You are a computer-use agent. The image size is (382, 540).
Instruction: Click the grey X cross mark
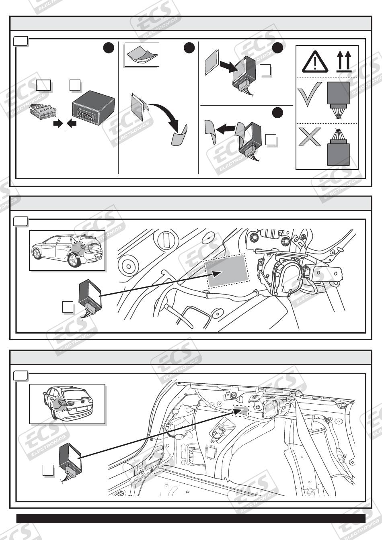[310, 137]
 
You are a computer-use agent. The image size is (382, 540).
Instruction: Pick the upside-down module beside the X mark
[338, 148]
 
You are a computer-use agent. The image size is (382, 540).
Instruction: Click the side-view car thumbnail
[68, 250]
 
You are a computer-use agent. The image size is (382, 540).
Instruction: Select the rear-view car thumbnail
[67, 403]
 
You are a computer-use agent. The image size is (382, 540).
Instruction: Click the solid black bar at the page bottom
[191, 518]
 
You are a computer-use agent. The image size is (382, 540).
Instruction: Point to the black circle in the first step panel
[109, 48]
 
